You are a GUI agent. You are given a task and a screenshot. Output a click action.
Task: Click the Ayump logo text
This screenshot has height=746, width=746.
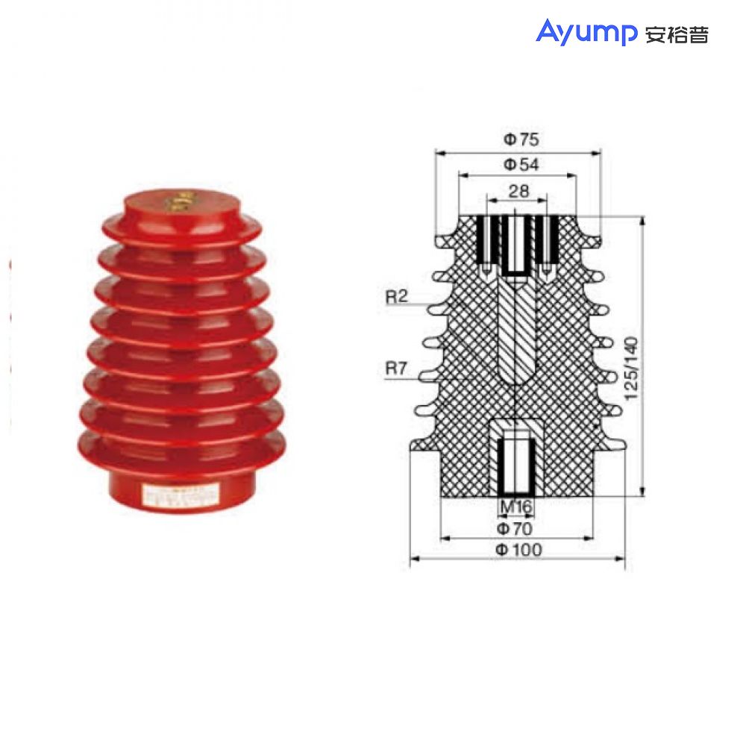pyautogui.click(x=586, y=33)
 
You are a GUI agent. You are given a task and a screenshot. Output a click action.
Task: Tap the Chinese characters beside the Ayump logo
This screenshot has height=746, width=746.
pyautogui.click(x=676, y=34)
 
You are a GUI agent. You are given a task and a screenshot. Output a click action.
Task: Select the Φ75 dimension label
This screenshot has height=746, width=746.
pyautogui.click(x=520, y=139)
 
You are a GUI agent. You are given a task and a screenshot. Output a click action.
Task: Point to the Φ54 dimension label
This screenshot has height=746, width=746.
pyautogui.click(x=520, y=164)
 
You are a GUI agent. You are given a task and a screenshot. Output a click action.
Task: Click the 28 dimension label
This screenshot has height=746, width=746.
pyautogui.click(x=518, y=191)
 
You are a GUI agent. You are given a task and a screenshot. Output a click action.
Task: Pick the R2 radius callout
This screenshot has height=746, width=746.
pyautogui.click(x=397, y=297)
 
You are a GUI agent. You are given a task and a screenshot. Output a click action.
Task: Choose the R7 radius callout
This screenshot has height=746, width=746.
pyautogui.click(x=397, y=367)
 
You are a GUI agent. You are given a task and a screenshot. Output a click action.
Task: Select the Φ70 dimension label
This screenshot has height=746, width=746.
pyautogui.click(x=517, y=528)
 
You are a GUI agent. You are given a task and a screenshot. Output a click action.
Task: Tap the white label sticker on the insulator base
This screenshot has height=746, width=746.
pyautogui.click(x=179, y=495)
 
